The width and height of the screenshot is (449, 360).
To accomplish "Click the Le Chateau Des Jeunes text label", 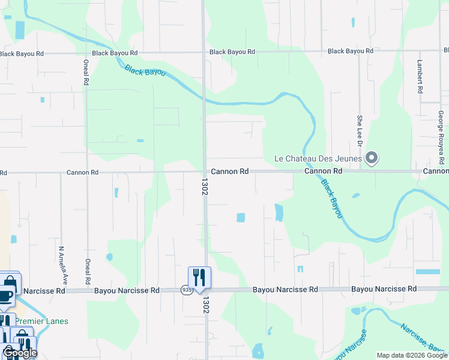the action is point(318,159).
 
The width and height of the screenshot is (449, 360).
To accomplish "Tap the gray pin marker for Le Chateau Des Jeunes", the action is point(372,158).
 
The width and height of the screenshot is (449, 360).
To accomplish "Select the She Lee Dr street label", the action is point(360,131).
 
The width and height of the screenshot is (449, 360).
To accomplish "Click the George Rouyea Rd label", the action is point(441,137).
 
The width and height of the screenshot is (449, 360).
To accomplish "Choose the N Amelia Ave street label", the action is point(61,265).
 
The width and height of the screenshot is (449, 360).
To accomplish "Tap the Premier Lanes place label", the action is point(41,321).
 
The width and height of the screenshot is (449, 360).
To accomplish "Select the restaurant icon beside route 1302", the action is point(199,277).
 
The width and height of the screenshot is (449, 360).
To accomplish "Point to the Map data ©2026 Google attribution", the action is point(411,355).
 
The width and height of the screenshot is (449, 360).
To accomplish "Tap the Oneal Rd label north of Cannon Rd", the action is point(86,72).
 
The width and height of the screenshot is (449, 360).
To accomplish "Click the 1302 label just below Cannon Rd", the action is point(205,185).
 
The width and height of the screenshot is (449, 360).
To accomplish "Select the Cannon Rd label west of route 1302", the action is point(82,172).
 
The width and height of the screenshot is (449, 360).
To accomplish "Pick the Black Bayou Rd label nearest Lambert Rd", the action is point(351,52).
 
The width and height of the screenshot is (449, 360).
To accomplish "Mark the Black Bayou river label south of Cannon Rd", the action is point(331,199).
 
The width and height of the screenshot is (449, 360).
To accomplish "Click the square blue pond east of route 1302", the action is point(241,217).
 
